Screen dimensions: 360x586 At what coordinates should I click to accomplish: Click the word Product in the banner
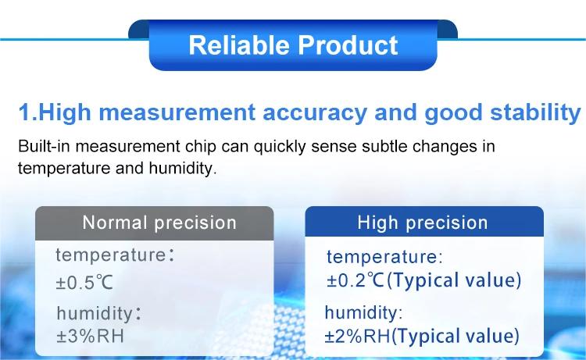(348, 45)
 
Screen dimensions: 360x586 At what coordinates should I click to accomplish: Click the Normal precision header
(159, 223)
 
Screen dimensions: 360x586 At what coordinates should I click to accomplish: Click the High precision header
(422, 223)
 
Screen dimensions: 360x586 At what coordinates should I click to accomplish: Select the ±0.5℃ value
(84, 283)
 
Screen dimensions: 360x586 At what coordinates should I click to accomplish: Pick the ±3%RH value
(90, 336)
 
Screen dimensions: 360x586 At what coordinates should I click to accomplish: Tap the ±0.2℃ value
(356, 280)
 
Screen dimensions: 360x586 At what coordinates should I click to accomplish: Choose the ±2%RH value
(357, 337)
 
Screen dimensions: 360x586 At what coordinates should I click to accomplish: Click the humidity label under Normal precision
(95, 313)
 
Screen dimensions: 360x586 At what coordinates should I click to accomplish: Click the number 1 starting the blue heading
(24, 112)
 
